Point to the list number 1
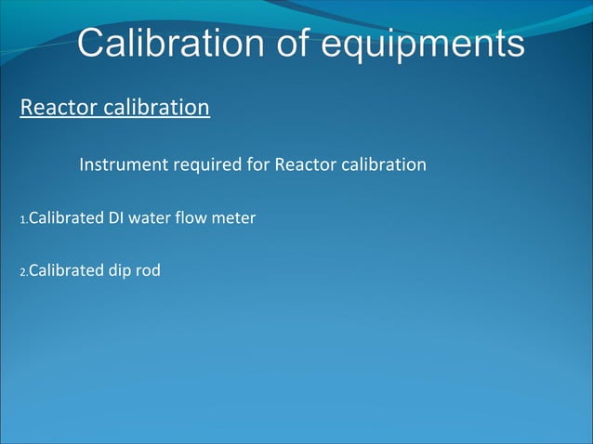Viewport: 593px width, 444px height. point(22,220)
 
